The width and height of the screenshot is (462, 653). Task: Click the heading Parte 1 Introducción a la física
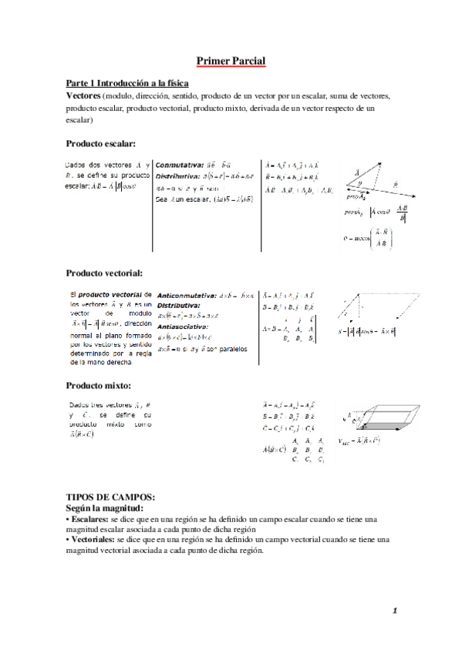(127, 83)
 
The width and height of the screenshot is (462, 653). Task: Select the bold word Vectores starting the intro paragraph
(88, 95)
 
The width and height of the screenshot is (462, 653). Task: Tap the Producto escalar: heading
(101, 144)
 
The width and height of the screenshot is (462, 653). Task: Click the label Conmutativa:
(180, 165)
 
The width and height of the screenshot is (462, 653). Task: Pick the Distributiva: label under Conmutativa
(180, 176)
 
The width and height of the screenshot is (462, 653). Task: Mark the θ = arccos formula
(371, 239)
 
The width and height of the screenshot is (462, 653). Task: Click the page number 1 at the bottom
(394, 612)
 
